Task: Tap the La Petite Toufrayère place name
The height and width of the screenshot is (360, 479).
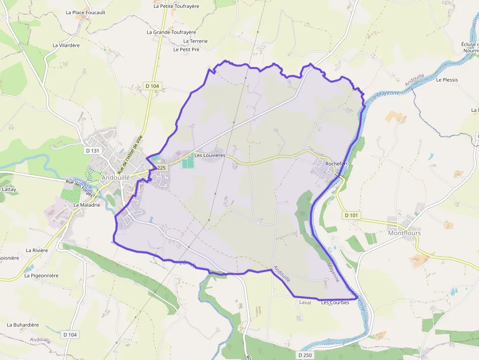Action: coord(176,6)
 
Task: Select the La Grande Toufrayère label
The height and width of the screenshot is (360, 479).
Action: coord(171,32)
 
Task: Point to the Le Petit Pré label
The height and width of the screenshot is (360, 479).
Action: coord(186,49)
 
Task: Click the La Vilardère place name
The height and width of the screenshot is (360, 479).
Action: coord(66,45)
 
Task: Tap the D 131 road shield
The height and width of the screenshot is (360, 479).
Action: coord(92,150)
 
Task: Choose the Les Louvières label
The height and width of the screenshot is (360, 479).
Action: coord(210,155)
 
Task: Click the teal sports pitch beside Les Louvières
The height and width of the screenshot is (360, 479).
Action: coord(187,163)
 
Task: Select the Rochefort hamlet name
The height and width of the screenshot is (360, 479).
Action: coord(336,164)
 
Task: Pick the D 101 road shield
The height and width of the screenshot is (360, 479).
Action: coord(351,215)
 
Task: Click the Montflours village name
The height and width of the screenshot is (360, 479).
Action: coord(404,233)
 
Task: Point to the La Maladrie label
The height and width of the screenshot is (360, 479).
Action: coord(87,205)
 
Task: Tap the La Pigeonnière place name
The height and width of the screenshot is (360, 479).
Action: coord(41,275)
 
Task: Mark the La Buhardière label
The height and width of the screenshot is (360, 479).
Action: coord(22,325)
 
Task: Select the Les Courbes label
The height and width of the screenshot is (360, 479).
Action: coord(335,302)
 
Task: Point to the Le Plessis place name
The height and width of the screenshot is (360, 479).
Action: coord(447,80)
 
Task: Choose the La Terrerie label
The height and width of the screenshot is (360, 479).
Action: coord(196,41)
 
